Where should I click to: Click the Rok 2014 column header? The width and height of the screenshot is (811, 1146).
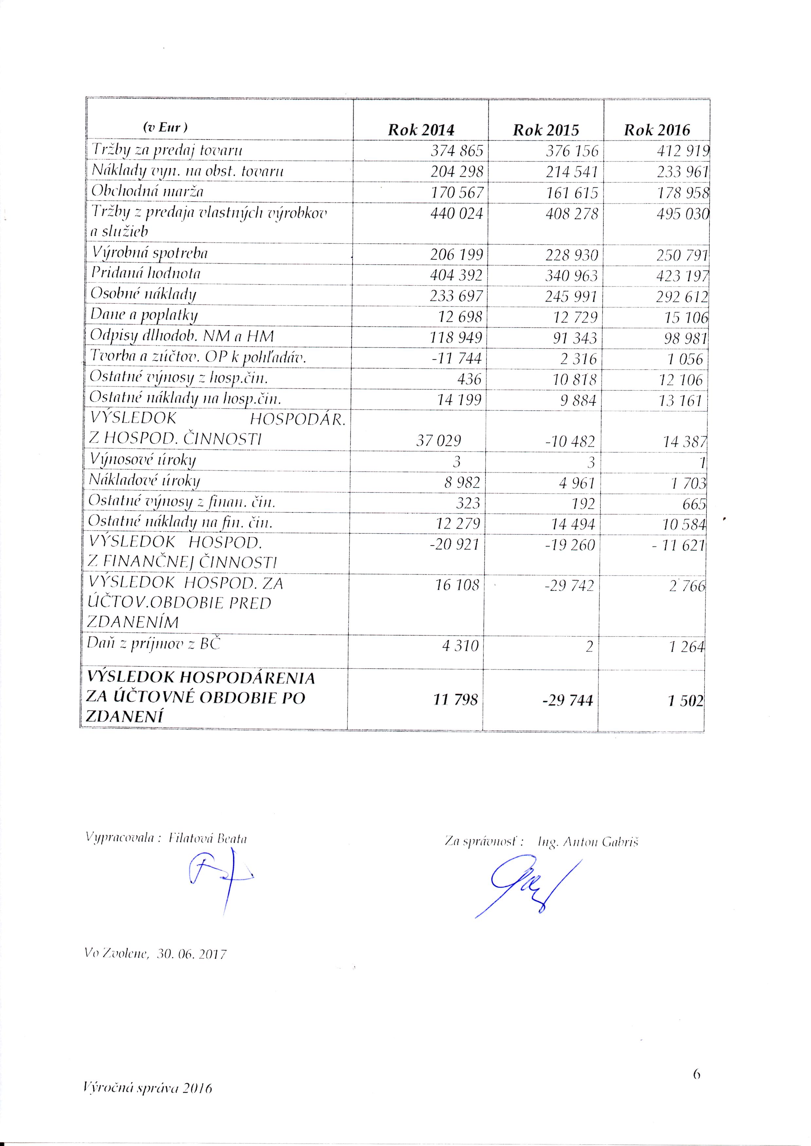point(421,130)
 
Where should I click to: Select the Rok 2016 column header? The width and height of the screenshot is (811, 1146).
point(657,130)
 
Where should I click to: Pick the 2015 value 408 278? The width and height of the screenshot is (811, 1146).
point(572,214)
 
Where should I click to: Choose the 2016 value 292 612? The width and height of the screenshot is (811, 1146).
point(682,297)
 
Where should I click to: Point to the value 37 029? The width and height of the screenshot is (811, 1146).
point(438,440)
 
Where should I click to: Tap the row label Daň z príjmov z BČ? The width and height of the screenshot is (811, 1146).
point(153,644)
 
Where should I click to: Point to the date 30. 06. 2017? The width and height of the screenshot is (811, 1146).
point(191,954)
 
